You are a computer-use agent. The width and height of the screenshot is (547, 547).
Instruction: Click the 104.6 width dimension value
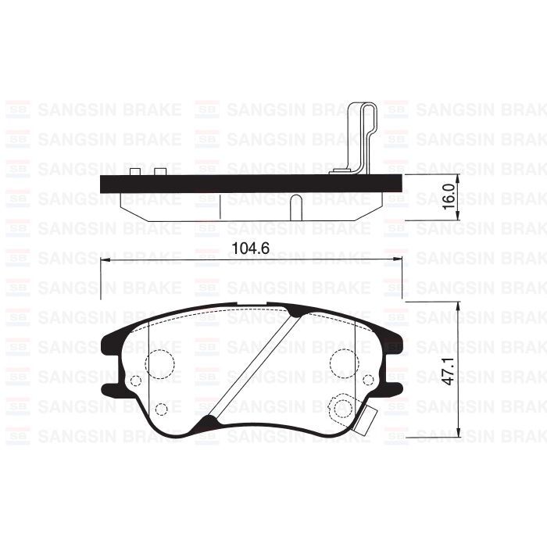point(252,250)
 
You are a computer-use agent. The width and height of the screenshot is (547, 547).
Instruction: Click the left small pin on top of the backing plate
point(134,171)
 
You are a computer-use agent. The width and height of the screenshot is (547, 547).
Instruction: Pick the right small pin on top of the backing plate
point(160,171)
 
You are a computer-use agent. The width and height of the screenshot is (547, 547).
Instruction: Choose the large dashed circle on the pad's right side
point(343,362)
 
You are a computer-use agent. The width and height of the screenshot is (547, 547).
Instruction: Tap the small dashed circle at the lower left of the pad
point(162,409)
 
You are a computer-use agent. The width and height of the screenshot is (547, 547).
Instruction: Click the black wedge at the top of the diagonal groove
point(296,313)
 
